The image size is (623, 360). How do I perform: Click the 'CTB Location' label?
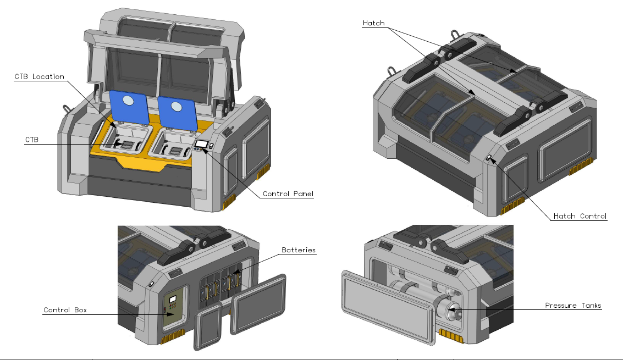click(39, 76)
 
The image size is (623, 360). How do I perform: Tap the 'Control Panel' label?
click(288, 193)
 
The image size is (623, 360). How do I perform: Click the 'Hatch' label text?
click(373, 23)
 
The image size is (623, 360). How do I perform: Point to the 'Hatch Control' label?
click(580, 216)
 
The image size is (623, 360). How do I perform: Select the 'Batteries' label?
click(299, 250)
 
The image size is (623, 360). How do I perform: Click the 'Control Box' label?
click(65, 310)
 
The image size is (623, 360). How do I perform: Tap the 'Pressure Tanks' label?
click(573, 305)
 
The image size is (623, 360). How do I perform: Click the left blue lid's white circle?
click(127, 101)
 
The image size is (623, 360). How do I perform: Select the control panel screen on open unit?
click(201, 144)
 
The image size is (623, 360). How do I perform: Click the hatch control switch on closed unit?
click(488, 158)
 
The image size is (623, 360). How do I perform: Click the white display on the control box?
click(172, 297)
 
